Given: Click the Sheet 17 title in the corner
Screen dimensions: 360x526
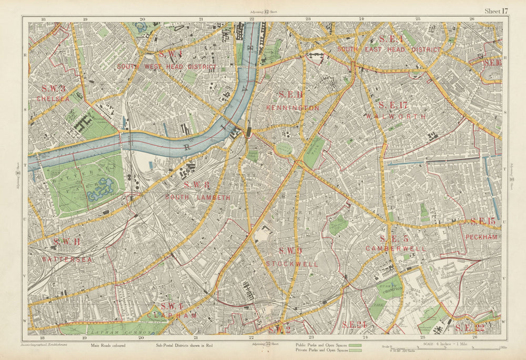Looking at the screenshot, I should point(497,11).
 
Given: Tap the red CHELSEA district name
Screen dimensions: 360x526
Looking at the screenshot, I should point(53,98).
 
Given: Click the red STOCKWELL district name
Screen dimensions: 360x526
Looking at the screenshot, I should point(292,264).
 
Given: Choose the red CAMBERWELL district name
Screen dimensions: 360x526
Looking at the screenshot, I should point(396,248).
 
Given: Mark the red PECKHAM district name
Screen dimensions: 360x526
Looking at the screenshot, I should point(481,237).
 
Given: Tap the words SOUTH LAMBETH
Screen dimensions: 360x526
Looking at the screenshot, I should point(197,197).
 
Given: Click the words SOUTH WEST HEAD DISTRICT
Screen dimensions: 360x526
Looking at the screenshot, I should point(166,67).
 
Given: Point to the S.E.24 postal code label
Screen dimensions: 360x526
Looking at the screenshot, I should point(353,325).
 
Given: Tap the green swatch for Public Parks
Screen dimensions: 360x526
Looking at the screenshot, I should point(356,345).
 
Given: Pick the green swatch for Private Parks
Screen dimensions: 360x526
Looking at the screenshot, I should point(356,351).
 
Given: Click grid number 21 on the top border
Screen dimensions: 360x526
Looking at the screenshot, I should point(200,19).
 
